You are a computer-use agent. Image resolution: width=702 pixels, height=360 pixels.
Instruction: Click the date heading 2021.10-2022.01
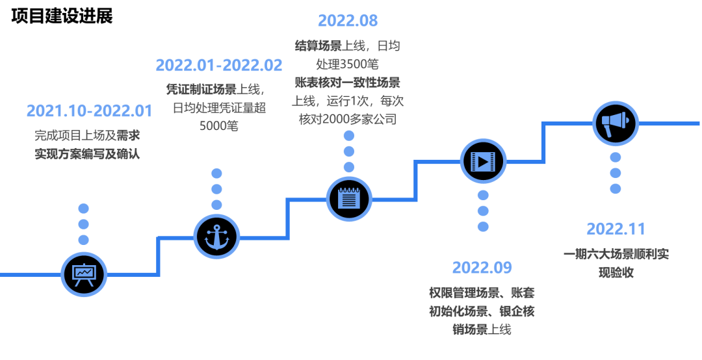(x=90, y=110)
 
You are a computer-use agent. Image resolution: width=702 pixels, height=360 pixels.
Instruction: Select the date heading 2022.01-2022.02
(x=219, y=65)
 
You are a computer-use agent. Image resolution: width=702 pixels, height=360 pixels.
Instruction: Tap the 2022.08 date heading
(x=348, y=20)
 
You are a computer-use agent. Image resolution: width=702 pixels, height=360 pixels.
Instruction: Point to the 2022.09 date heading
(x=482, y=267)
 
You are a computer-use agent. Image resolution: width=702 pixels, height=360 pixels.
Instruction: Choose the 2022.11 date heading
(x=616, y=229)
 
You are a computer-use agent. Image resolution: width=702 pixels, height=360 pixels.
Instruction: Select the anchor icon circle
(x=216, y=235)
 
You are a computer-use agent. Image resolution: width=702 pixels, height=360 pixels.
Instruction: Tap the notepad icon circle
(x=349, y=198)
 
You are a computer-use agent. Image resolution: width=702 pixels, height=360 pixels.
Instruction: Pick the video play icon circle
(x=483, y=160)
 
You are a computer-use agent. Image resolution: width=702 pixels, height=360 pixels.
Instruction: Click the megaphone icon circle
(x=615, y=122)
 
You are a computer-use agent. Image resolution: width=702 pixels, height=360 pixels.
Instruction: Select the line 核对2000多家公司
(x=348, y=120)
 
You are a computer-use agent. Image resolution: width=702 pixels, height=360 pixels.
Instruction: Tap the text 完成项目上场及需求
(x=87, y=136)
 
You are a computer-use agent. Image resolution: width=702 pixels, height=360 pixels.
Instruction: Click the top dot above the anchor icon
(x=217, y=174)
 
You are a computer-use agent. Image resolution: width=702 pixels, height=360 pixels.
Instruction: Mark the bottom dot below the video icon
(x=483, y=226)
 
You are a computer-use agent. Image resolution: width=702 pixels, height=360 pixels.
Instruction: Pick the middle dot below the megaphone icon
(x=615, y=172)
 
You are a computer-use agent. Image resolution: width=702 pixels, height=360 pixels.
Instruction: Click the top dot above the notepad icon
(x=349, y=136)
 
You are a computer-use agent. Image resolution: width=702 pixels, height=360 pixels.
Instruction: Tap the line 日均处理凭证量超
(x=219, y=107)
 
